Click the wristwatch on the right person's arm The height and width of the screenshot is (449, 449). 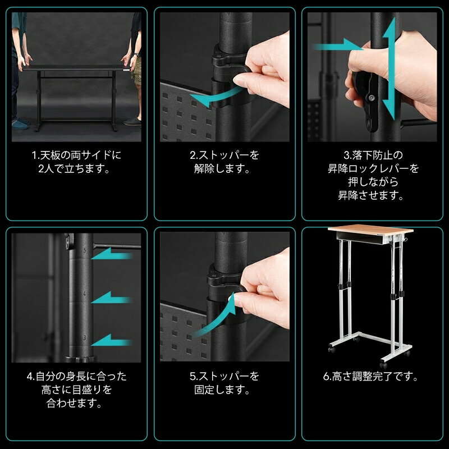(135, 54)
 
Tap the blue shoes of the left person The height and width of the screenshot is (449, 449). (21, 122)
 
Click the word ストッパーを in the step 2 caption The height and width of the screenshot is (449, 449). (228, 155)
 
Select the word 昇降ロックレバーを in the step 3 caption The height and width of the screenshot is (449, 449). (373, 168)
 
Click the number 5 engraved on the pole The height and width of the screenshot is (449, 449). (84, 250)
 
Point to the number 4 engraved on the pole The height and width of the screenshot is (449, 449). (84, 294)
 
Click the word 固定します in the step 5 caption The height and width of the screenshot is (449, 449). (222, 390)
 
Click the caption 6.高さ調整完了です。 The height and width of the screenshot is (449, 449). (371, 377)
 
